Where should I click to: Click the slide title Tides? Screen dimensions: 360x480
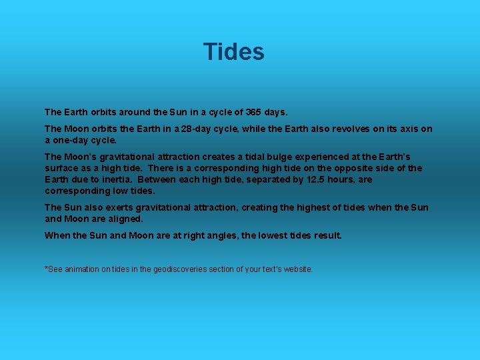pos(234,52)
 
